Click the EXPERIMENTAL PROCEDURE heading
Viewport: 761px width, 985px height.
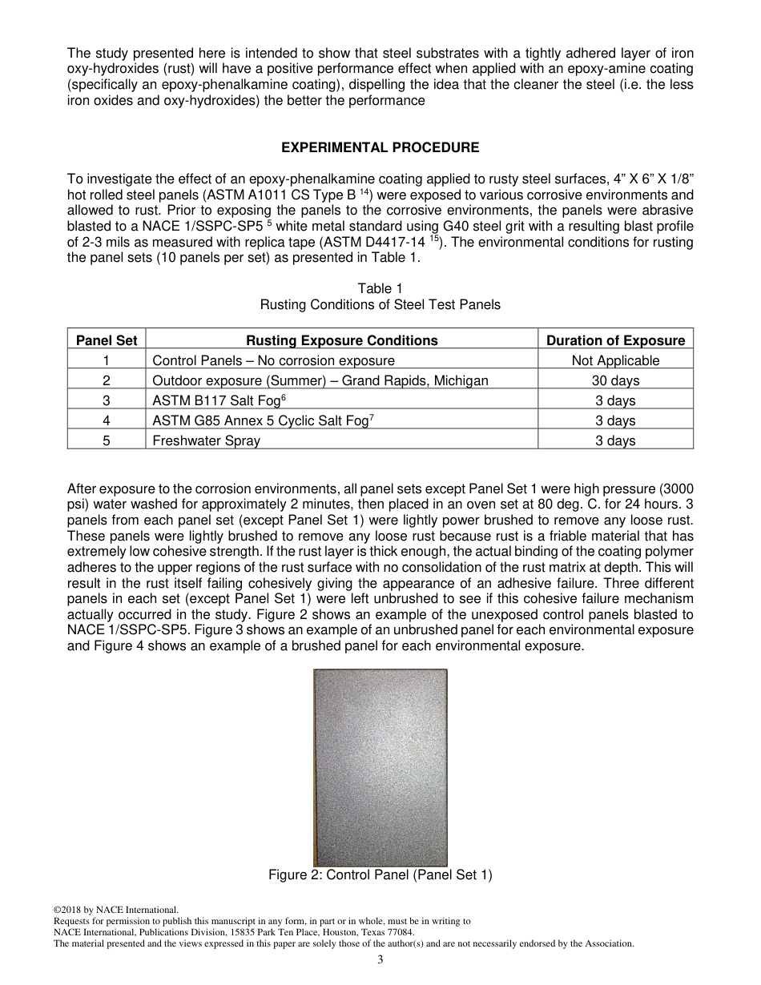pyautogui.click(x=380, y=147)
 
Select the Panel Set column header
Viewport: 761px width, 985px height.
pyautogui.click(x=107, y=340)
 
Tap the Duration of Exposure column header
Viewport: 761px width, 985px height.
pyautogui.click(x=615, y=340)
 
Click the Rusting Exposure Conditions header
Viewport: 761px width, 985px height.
pyautogui.click(x=341, y=340)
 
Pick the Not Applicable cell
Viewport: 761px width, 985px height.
pyautogui.click(x=615, y=360)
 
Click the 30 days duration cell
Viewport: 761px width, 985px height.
pyautogui.click(x=615, y=380)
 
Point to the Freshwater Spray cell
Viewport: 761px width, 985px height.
pyautogui.click(x=206, y=440)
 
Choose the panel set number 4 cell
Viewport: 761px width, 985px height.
pyautogui.click(x=107, y=420)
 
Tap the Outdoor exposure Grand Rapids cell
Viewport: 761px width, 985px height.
pyautogui.click(x=320, y=380)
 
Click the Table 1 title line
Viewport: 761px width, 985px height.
pyautogui.click(x=380, y=288)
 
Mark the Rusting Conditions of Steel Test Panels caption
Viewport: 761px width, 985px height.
pyautogui.click(x=380, y=304)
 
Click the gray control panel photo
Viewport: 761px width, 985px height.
pyautogui.click(x=380, y=767)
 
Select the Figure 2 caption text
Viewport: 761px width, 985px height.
pyautogui.click(x=380, y=875)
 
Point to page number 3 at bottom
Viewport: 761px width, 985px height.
pyautogui.click(x=380, y=960)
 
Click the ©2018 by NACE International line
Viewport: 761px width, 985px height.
pyautogui.click(x=115, y=910)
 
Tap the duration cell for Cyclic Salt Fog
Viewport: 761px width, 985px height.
pyautogui.click(x=615, y=420)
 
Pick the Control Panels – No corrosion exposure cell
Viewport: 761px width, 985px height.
pyautogui.click(x=273, y=360)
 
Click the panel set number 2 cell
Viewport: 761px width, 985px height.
pyautogui.click(x=107, y=380)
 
